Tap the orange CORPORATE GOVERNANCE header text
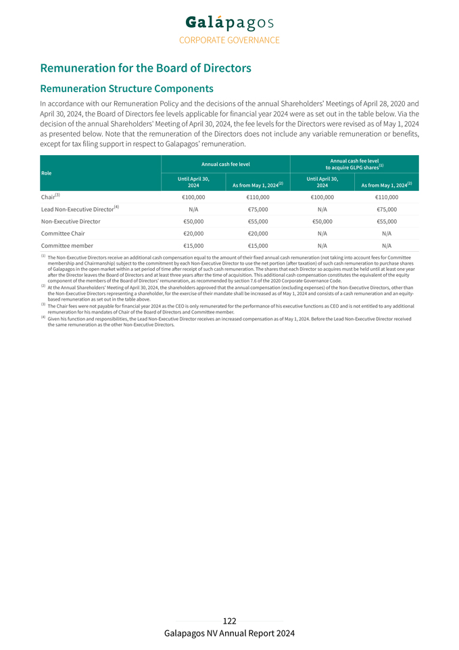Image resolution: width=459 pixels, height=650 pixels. [229, 40]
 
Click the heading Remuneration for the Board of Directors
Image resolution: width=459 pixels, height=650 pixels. [145, 68]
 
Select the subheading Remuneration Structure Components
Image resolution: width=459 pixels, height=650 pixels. [127, 89]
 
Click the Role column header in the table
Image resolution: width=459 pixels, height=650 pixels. [47, 173]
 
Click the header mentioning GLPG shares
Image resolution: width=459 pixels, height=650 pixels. [354, 164]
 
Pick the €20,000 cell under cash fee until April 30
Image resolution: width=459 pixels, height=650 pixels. [193, 234]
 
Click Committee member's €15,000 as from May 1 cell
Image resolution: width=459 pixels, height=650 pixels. [258, 246]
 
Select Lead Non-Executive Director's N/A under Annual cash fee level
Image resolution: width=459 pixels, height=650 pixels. [193, 209]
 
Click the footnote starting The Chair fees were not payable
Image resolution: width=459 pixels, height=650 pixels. [230, 309]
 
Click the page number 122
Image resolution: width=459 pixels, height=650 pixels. [229, 621]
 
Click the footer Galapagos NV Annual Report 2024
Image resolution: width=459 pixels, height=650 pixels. [229, 634]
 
